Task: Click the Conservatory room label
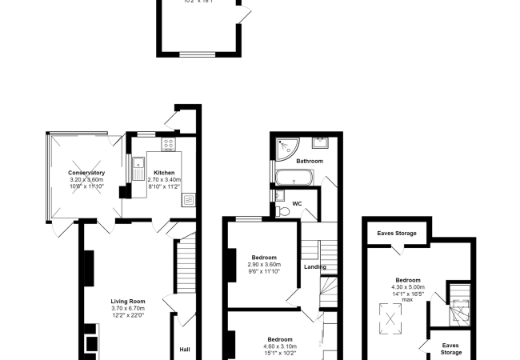[x=86, y=173]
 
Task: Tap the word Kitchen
[x=164, y=173]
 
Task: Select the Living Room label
[x=127, y=301]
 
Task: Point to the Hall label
[x=184, y=349]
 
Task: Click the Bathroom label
[x=309, y=161]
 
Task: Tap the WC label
[x=298, y=203]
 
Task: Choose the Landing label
[x=314, y=266]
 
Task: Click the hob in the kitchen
[x=170, y=144]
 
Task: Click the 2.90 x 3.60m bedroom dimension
[x=263, y=265]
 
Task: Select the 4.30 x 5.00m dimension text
[x=408, y=286]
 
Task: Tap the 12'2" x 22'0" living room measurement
[x=127, y=315]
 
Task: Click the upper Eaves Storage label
[x=397, y=233]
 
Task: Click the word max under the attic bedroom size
[x=408, y=300]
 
